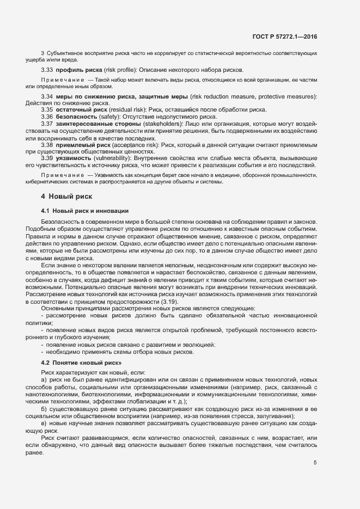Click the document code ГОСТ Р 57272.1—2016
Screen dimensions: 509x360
[x=284, y=36]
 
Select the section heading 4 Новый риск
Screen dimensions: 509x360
[x=66, y=196]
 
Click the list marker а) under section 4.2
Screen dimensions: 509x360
[x=44, y=379]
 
